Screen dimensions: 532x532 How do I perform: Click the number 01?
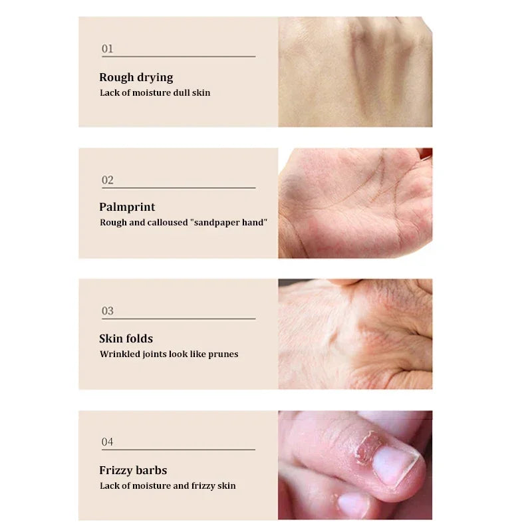pos(107,49)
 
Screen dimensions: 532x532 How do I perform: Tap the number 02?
pos(107,180)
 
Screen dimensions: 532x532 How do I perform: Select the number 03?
pos(107,311)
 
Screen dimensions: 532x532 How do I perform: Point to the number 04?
pos(107,442)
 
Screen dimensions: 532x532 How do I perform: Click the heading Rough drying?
pos(136,77)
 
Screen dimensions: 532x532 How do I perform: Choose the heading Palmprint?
pos(127,207)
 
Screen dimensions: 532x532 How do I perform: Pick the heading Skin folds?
pos(126,338)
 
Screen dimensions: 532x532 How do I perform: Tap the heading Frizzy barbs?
pos(133,470)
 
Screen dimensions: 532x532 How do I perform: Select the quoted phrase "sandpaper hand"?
pos(229,223)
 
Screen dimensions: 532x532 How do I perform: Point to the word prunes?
pos(223,354)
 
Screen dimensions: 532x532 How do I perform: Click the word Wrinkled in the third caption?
pos(119,354)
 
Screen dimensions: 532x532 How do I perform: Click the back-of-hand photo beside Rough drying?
pos(354,72)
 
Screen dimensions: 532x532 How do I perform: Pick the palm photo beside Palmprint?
pos(354,203)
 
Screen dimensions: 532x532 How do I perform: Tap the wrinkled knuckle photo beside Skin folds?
pos(354,334)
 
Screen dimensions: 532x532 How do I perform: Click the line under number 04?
pos(178,450)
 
